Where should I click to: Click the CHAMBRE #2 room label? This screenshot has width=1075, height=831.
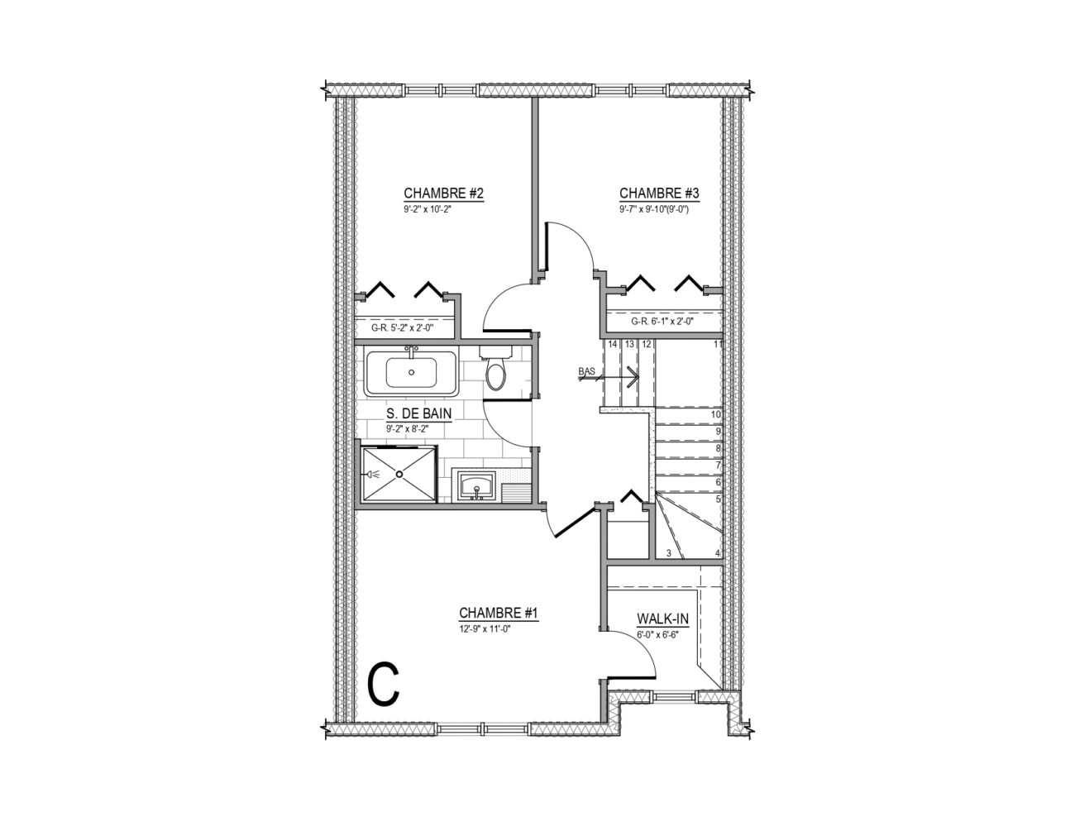(443, 193)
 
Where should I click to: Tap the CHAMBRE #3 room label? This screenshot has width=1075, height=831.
(659, 193)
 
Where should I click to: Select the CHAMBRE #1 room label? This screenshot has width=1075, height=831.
(498, 614)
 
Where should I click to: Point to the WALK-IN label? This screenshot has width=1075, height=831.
(662, 618)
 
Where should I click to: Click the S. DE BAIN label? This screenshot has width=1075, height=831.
(419, 413)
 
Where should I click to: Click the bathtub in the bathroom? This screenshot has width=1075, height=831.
(411, 373)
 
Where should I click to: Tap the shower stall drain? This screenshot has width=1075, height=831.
(399, 473)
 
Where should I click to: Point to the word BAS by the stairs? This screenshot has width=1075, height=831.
(585, 370)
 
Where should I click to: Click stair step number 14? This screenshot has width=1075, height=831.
(613, 344)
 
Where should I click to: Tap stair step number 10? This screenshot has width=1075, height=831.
(715, 414)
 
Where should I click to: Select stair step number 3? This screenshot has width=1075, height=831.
(669, 553)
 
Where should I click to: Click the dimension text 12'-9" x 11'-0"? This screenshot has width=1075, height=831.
(485, 629)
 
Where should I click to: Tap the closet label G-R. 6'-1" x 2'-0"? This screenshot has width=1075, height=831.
(662, 321)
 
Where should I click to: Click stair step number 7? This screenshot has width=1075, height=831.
(718, 466)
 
